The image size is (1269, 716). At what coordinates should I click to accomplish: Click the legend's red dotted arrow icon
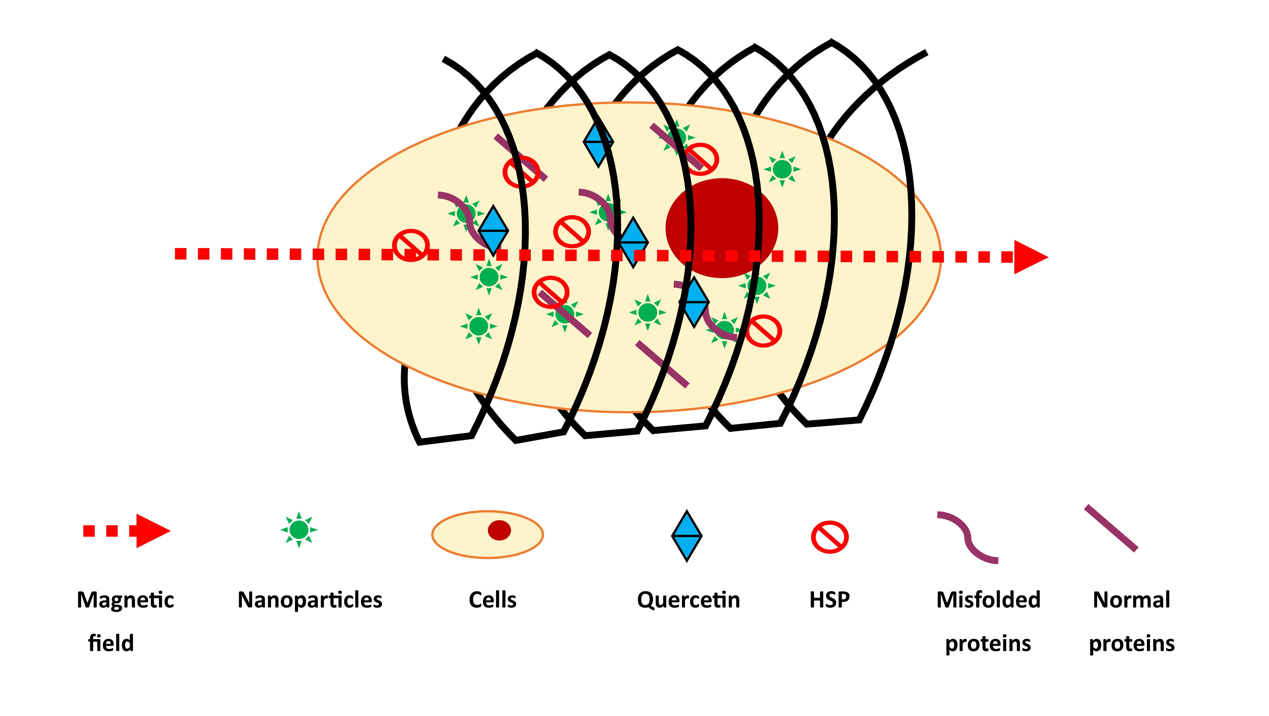click(127, 531)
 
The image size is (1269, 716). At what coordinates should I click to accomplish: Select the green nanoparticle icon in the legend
click(299, 530)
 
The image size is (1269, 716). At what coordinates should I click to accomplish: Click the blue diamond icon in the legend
click(686, 536)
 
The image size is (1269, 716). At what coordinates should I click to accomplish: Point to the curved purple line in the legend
click(967, 537)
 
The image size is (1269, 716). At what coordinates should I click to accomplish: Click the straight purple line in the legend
click(1111, 528)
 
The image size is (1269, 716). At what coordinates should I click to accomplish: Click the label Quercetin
click(688, 600)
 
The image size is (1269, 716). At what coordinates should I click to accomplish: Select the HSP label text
click(830, 600)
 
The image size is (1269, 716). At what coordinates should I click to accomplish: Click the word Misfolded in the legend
click(988, 600)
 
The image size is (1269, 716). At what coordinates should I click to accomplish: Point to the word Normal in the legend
click(1131, 600)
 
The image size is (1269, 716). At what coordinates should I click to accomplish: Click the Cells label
click(492, 600)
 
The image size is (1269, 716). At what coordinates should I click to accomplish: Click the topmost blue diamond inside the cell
click(598, 143)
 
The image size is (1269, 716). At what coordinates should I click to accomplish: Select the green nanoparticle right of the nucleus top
click(782, 169)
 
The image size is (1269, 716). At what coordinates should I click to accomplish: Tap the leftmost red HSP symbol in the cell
click(410, 245)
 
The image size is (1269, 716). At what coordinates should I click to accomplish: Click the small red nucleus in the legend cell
click(499, 530)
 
